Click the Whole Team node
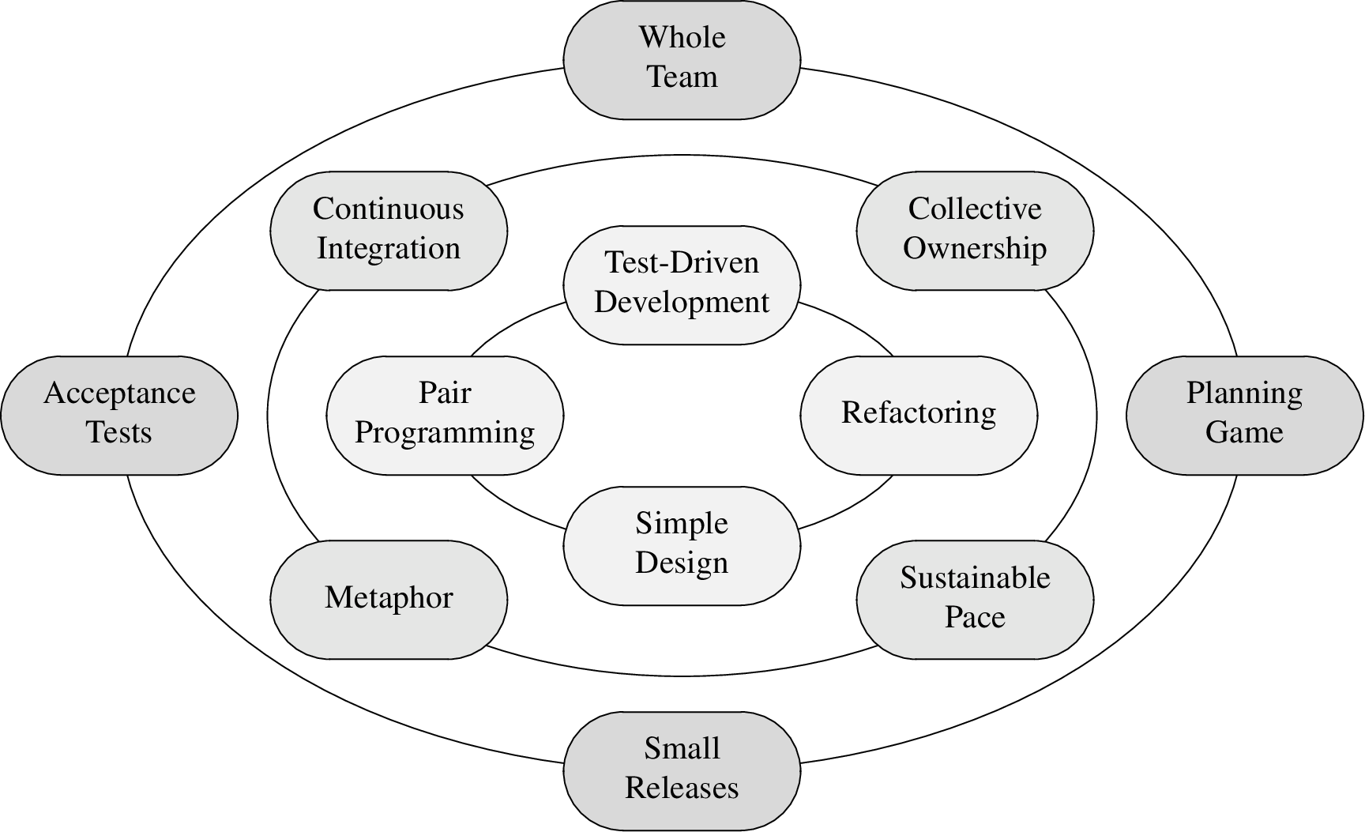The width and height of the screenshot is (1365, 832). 682,59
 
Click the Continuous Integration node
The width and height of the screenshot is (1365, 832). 389,230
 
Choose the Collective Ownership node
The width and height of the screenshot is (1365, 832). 975,230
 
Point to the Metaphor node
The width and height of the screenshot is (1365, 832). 389,599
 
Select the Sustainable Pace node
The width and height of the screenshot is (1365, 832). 975,599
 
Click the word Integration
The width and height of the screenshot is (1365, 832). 389,249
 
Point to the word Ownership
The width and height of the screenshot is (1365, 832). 975,249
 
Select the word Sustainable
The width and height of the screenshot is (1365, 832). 975,578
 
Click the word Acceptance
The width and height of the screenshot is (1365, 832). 119,393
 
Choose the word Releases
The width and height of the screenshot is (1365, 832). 682,789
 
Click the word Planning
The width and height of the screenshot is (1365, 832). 1244,393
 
